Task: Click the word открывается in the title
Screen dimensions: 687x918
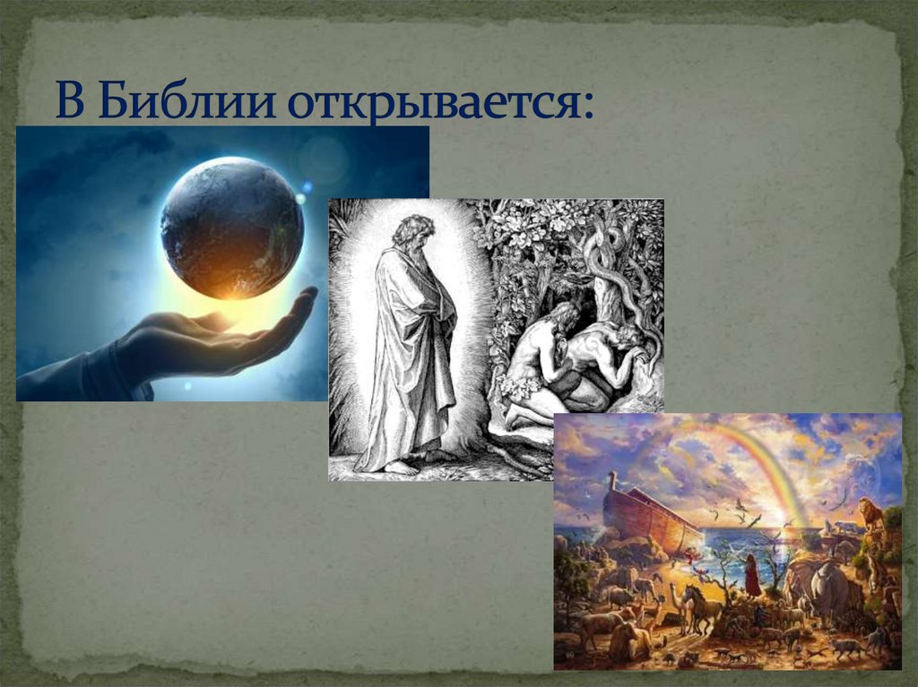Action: (439, 104)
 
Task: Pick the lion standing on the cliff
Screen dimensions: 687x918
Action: (870, 514)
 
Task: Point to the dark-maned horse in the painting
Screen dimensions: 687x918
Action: (701, 605)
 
